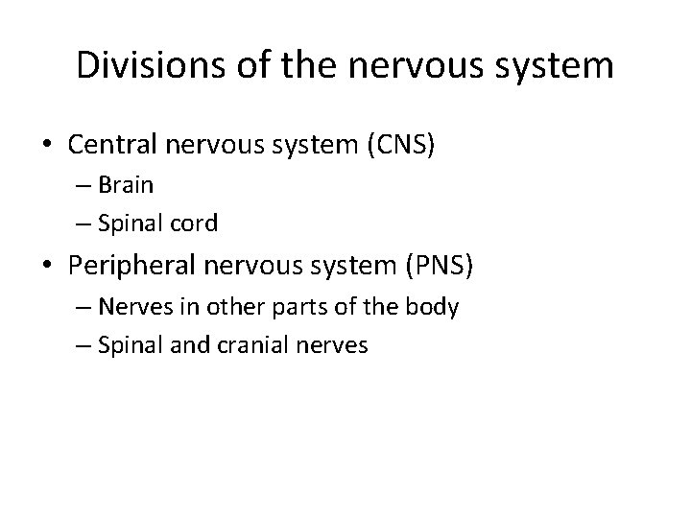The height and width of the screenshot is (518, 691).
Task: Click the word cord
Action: pos(197,224)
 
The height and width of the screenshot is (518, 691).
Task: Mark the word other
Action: pos(228,309)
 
